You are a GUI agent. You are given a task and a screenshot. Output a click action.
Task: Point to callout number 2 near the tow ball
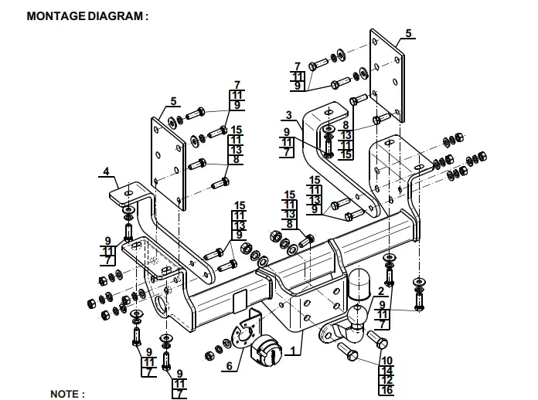tap(381, 291)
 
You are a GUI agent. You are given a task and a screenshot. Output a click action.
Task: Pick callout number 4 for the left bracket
tap(107, 171)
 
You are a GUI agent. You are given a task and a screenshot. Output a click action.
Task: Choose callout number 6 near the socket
tap(228, 367)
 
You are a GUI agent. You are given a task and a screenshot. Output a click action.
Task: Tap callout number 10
tap(386, 360)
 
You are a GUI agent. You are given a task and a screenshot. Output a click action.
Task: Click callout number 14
tap(386, 370)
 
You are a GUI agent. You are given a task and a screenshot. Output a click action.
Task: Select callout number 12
tap(386, 380)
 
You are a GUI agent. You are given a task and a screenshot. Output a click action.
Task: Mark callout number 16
tap(386, 390)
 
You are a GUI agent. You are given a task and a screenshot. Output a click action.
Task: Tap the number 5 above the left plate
tap(174, 100)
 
